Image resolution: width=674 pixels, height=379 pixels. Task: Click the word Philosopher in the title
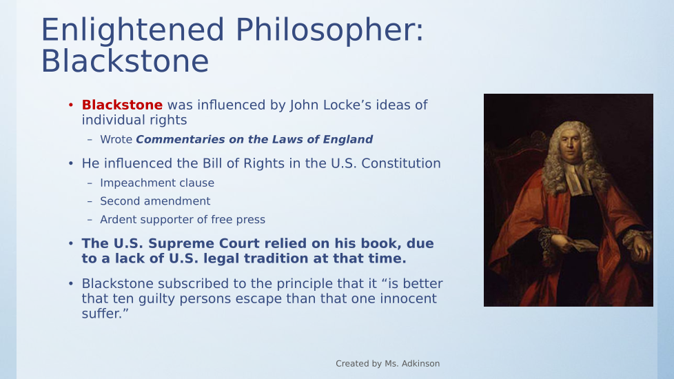tap(329, 30)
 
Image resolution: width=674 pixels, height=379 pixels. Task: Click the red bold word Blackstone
tap(122, 105)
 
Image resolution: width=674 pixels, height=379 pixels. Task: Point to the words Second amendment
tap(155, 201)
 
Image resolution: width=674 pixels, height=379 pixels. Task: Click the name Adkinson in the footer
tap(420, 364)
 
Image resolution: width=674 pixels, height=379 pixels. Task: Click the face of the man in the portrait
tap(571, 146)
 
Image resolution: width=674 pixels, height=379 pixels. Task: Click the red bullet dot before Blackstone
tap(71, 105)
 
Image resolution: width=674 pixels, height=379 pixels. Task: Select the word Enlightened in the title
tap(132, 30)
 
